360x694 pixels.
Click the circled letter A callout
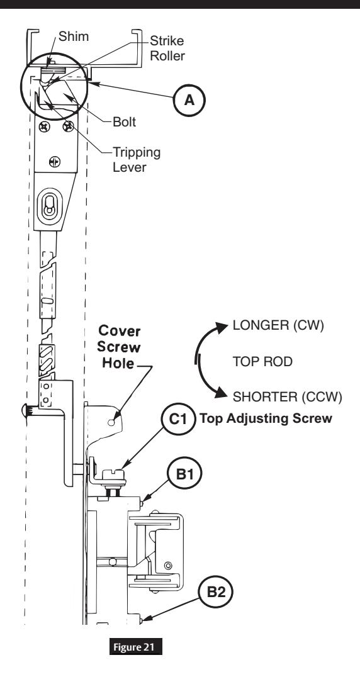[189, 101]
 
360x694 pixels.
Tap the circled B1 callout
[184, 474]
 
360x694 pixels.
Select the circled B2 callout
[216, 592]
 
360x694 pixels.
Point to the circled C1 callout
[178, 418]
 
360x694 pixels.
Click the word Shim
[74, 36]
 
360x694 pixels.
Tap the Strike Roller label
[167, 48]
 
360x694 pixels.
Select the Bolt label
[125, 121]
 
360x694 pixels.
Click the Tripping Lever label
[137, 159]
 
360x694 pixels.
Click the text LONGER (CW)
[279, 326]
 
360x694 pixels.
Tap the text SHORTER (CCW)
[288, 397]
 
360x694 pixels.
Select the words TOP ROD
[262, 362]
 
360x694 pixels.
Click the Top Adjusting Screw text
[266, 418]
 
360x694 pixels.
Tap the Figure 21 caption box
[136, 647]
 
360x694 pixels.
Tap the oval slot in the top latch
[48, 205]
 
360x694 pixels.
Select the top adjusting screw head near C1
[115, 475]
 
